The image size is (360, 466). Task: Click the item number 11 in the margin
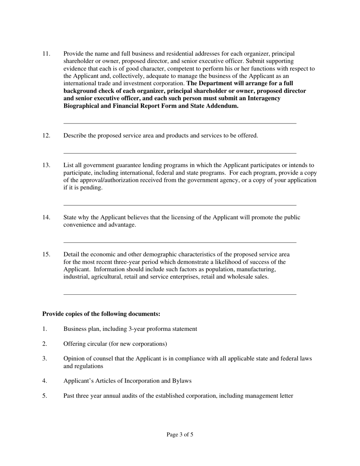tap(46, 54)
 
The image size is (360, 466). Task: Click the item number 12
tap(46, 136)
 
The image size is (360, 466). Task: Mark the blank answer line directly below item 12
tap(180, 153)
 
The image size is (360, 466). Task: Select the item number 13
tap(46, 165)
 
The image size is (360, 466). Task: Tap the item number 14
tap(46, 217)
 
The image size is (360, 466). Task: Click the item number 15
tap(46, 255)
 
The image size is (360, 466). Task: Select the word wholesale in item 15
tap(237, 277)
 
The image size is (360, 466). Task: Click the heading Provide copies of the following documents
tap(101, 314)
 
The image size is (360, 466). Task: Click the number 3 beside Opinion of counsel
tap(44, 358)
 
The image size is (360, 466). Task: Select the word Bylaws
tap(182, 381)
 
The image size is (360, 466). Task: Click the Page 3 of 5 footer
tap(180, 435)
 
